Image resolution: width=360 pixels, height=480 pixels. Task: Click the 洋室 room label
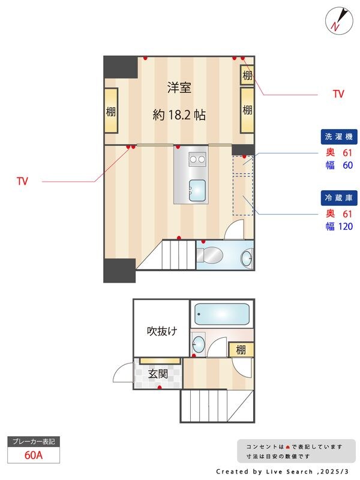tap(179, 88)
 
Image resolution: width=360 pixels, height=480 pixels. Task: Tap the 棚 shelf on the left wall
tap(111, 111)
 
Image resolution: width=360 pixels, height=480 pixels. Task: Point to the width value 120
tap(345, 226)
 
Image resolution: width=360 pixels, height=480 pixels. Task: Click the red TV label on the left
tap(23, 181)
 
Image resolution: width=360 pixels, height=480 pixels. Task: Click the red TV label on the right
tap(338, 94)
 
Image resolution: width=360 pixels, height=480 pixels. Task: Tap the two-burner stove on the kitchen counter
tap(197, 159)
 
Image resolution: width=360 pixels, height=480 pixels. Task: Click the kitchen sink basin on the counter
tap(196, 190)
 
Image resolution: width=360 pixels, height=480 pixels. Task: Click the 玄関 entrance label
tap(157, 373)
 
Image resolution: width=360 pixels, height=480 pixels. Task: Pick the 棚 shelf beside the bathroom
tap(241, 349)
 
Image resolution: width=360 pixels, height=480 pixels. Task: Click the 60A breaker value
tap(34, 455)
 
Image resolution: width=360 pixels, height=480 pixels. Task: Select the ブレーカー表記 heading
tap(34, 442)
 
